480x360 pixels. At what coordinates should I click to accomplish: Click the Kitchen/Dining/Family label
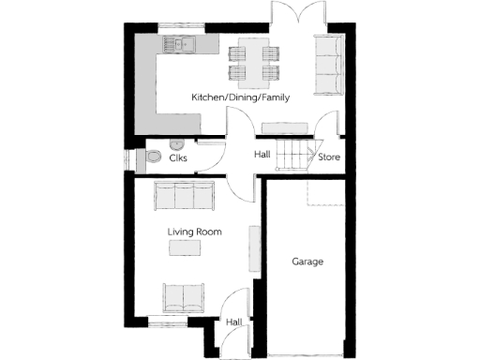(x=241, y=97)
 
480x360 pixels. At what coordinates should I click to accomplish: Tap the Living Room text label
(x=195, y=231)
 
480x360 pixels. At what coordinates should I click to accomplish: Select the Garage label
(x=307, y=262)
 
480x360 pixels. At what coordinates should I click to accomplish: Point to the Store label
(x=329, y=157)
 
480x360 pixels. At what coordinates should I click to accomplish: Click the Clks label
(x=178, y=158)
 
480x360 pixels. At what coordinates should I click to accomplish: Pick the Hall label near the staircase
(x=263, y=154)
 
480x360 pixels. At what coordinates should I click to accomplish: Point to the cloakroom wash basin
(x=174, y=144)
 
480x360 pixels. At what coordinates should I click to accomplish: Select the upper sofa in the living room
(x=184, y=196)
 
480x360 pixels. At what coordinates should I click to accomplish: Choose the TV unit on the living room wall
(x=253, y=248)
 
